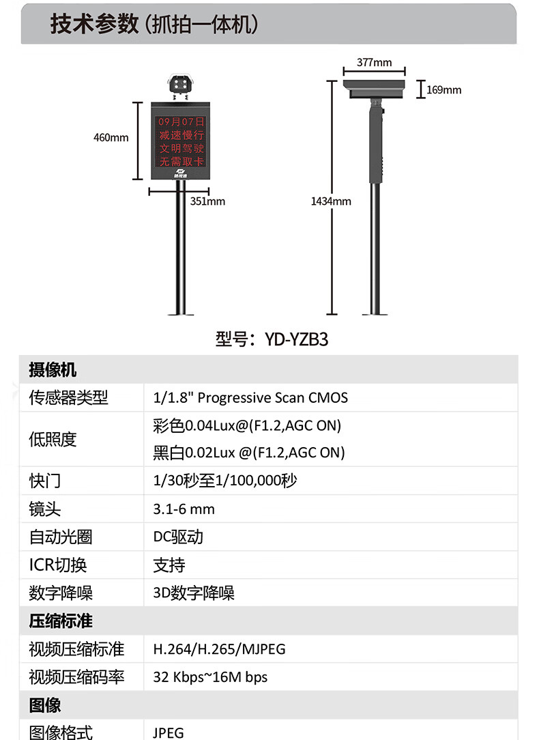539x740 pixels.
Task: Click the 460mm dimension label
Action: point(111,138)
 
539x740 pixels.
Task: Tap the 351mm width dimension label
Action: point(207,201)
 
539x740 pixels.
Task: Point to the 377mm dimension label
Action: point(375,63)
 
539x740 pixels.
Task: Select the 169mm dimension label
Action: point(444,89)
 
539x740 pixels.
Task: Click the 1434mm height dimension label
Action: point(331,201)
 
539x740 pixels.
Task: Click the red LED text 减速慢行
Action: point(181,135)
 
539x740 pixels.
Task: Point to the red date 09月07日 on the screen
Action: point(181,122)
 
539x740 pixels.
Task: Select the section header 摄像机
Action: point(53,370)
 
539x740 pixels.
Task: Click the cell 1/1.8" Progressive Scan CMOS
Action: point(250,397)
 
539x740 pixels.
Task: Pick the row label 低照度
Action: point(53,439)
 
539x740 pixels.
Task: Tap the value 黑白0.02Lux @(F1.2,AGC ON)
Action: point(249,453)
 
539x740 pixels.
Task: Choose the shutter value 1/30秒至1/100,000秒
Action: point(225,481)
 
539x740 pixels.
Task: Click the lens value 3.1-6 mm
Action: point(184,509)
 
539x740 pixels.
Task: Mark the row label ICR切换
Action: point(58,565)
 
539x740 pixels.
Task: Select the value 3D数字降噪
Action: point(194,593)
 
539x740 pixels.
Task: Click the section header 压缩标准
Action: point(61,621)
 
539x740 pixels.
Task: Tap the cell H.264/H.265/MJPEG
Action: point(219,649)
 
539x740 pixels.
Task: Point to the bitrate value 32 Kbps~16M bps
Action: point(210,677)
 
